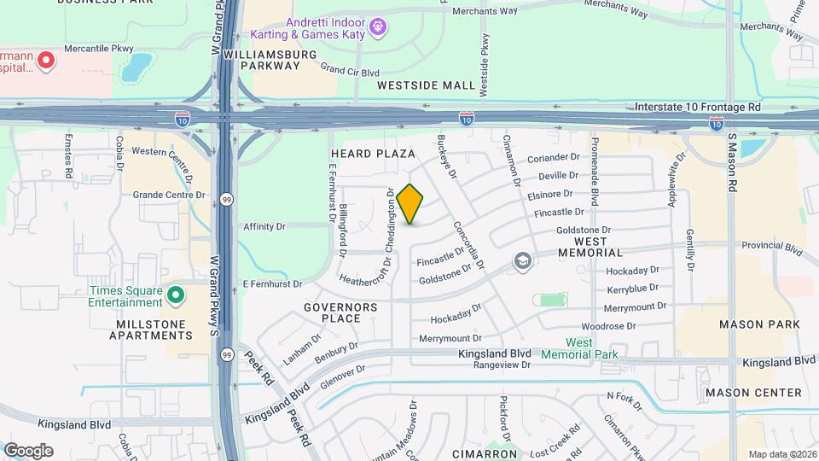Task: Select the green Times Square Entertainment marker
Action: [x=176, y=296]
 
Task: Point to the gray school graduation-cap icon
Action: [x=522, y=262]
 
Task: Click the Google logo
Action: [x=28, y=451]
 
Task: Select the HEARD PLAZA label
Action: [x=372, y=154]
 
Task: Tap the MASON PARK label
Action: [x=758, y=324]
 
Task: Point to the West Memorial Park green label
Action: [x=579, y=348]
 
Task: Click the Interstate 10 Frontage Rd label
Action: [x=697, y=108]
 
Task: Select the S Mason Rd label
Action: [x=731, y=161]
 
